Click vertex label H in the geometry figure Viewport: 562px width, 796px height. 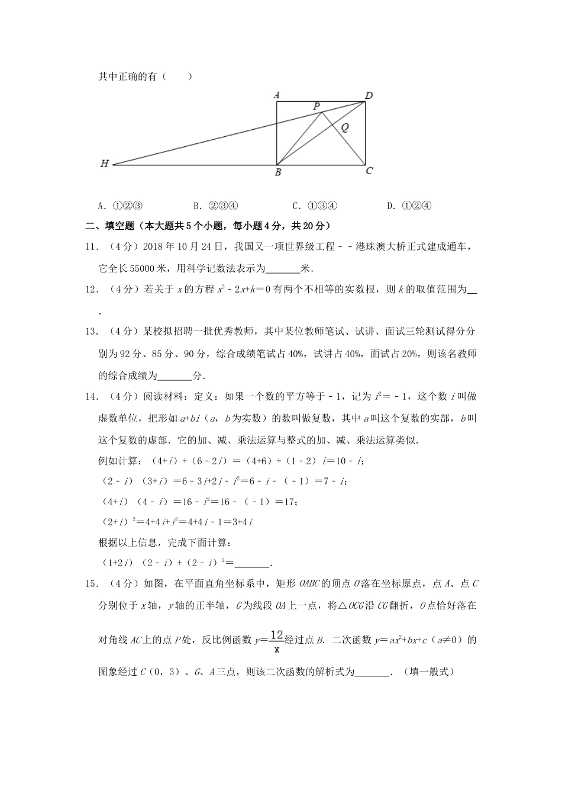(x=105, y=164)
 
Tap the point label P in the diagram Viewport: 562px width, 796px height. (x=317, y=106)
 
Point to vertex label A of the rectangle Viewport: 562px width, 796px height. (x=276, y=95)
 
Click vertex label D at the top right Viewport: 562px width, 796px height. (x=369, y=95)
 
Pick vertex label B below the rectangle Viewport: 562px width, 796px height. (x=277, y=173)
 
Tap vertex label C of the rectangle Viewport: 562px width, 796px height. (x=369, y=171)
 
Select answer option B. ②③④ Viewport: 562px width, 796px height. (x=215, y=206)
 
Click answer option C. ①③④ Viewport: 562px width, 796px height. (x=315, y=206)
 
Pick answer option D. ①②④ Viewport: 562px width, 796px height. (x=409, y=206)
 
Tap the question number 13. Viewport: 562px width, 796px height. (x=91, y=332)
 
